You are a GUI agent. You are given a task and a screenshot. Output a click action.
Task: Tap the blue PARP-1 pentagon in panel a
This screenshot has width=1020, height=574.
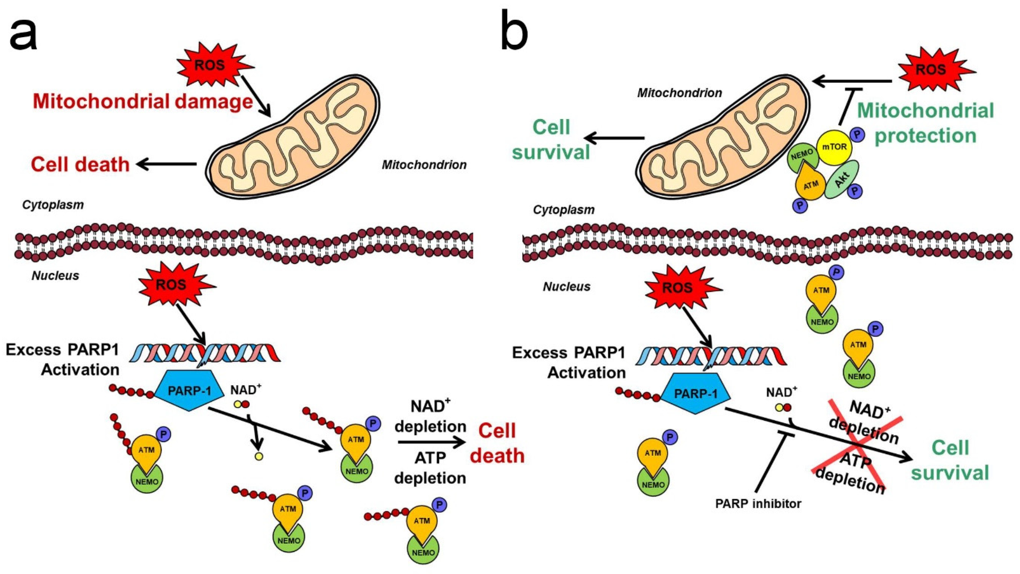point(189,391)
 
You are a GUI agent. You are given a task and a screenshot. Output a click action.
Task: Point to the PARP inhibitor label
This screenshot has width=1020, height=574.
point(758,503)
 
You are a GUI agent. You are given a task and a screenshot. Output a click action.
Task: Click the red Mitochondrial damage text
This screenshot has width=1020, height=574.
point(143,101)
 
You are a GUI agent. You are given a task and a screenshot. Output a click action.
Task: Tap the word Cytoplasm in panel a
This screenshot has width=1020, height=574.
point(53,205)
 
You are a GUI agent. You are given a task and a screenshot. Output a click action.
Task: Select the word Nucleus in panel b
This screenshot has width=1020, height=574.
point(567,286)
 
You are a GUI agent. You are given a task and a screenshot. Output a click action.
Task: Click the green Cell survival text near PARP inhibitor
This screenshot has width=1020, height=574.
point(950,460)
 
